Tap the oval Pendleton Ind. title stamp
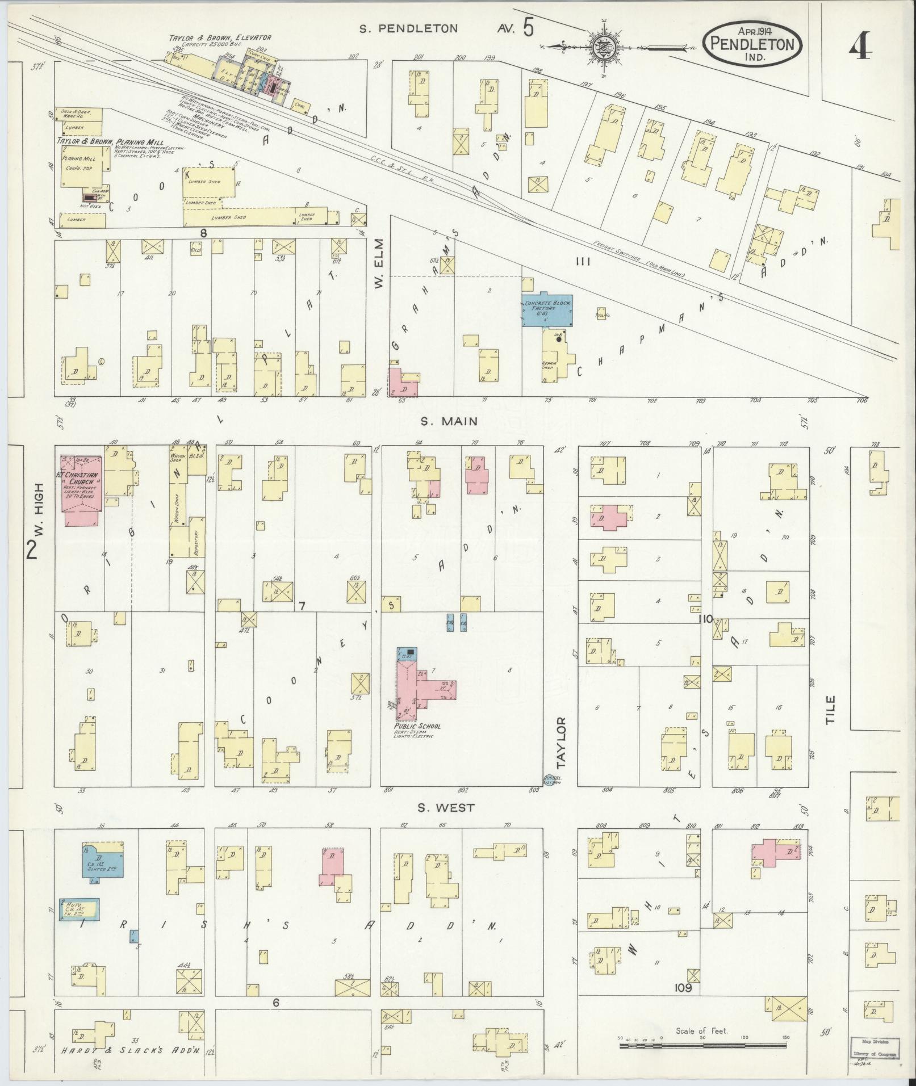coord(753,44)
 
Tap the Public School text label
coord(417,726)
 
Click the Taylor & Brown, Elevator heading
coord(220,38)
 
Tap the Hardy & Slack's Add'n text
coord(128,1051)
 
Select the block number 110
coord(705,619)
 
